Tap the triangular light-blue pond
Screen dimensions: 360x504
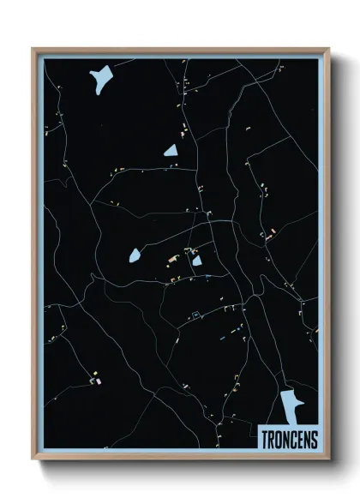point(171,151)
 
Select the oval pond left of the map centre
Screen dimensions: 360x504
point(135,255)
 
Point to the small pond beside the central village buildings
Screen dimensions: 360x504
point(196,261)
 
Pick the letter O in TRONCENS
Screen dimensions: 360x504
point(279,439)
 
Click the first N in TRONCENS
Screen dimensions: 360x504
point(286,439)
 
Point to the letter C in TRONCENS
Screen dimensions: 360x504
point(293,439)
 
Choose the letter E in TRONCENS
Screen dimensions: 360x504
point(300,439)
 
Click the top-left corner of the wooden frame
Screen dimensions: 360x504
point(33,48)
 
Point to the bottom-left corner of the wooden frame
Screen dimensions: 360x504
point(33,459)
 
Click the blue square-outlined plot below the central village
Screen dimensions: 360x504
point(196,314)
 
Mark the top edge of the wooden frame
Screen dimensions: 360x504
point(179,49)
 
